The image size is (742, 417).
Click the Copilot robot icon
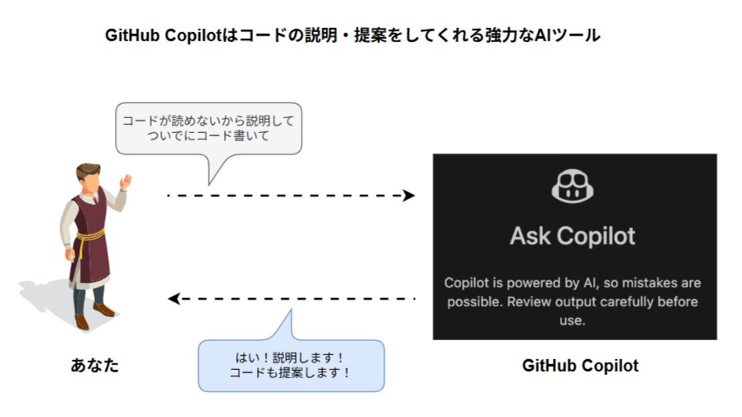click(x=573, y=187)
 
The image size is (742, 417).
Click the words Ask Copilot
click(x=573, y=236)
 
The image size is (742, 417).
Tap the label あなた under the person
click(x=95, y=365)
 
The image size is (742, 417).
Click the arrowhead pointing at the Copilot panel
click(x=409, y=196)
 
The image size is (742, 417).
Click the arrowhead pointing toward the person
click(x=174, y=298)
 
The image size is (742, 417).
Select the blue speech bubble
click(x=291, y=364)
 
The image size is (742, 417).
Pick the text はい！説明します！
click(x=291, y=357)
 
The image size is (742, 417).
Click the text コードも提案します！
click(x=291, y=372)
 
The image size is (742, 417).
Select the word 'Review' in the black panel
click(x=530, y=301)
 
